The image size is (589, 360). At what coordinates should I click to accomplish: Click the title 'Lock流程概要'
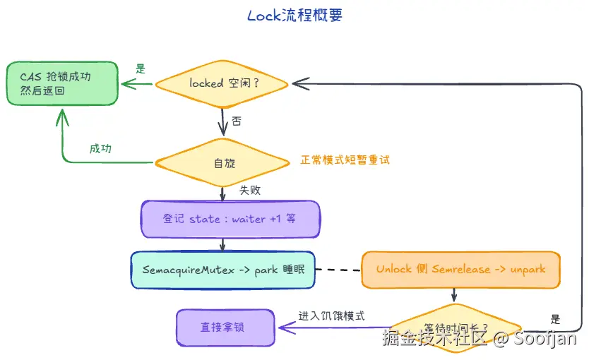pyautogui.click(x=294, y=16)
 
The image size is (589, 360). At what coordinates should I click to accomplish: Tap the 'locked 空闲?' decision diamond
pyautogui.click(x=222, y=83)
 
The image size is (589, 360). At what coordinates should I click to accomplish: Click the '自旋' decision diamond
pyautogui.click(x=222, y=162)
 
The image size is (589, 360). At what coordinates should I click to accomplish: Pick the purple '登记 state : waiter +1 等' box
pyautogui.click(x=230, y=219)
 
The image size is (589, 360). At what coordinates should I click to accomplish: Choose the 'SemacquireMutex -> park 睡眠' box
pyautogui.click(x=222, y=270)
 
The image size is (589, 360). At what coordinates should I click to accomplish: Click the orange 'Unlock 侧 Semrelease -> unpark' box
pyautogui.click(x=460, y=270)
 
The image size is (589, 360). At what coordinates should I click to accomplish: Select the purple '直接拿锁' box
pyautogui.click(x=225, y=327)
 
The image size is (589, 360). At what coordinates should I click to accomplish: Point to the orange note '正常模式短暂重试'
pyautogui.click(x=345, y=160)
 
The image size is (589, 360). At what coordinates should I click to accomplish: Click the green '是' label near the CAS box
pyautogui.click(x=140, y=69)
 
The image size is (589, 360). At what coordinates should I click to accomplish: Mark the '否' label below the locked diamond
pyautogui.click(x=237, y=121)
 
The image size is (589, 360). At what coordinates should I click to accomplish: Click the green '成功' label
pyautogui.click(x=100, y=149)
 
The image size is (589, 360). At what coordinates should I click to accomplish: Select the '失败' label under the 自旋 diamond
pyautogui.click(x=250, y=190)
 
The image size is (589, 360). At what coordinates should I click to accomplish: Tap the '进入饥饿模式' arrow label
pyautogui.click(x=331, y=316)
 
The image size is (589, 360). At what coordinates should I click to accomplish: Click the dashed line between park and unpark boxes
pyautogui.click(x=338, y=270)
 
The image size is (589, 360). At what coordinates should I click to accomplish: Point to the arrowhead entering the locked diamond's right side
pyautogui.click(x=297, y=84)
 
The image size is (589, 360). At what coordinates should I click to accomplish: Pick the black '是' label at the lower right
pyautogui.click(x=555, y=319)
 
